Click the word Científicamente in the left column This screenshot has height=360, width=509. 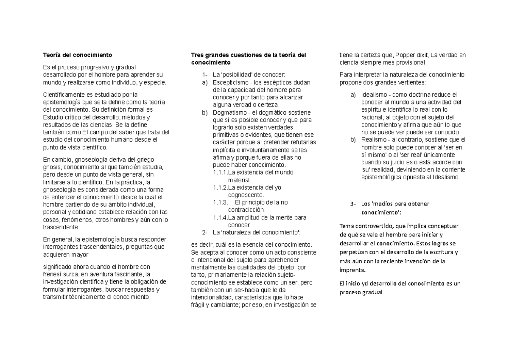pyautogui.click(x=64, y=95)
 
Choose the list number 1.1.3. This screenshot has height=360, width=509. pyautogui.click(x=219, y=202)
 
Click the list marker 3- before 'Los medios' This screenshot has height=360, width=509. pyautogui.click(x=354, y=204)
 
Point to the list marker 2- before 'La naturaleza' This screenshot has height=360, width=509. pyautogui.click(x=205, y=232)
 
